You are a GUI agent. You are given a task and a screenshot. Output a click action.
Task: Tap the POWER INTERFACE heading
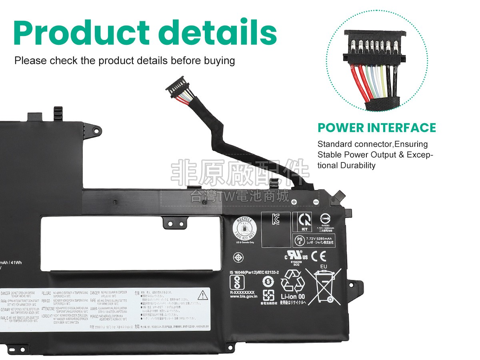click(376, 128)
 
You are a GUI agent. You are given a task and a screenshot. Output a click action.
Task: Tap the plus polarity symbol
click(294, 202)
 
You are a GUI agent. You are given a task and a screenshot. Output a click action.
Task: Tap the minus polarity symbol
click(316, 202)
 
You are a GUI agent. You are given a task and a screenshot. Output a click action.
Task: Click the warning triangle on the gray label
click(204, 296)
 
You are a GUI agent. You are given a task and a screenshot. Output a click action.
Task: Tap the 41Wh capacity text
click(16, 262)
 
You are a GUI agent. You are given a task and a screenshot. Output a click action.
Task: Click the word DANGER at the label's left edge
click(5, 294)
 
